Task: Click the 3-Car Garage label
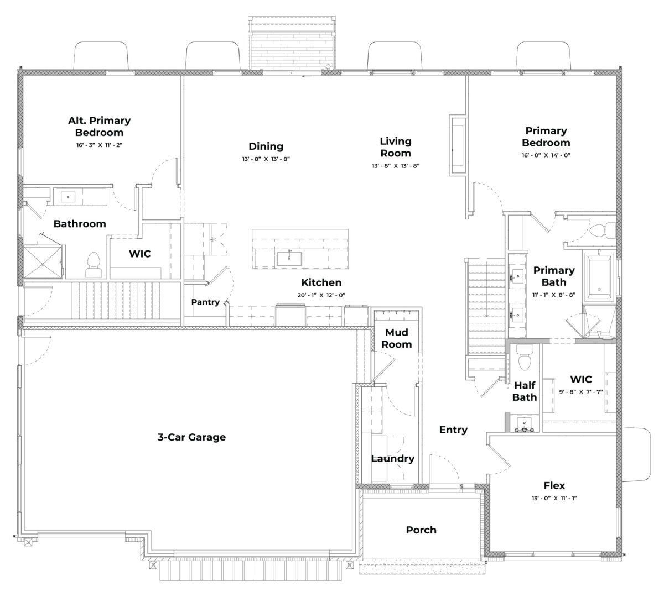(x=191, y=437)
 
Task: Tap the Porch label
(x=421, y=530)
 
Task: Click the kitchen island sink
(x=289, y=258)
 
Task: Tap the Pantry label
(x=205, y=302)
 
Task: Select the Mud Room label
(x=398, y=338)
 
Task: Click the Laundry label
(x=392, y=458)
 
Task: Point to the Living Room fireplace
(x=458, y=145)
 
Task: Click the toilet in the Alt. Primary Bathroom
(x=93, y=264)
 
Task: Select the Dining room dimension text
(x=266, y=159)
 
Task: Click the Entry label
(x=453, y=430)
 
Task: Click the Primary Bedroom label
(x=546, y=137)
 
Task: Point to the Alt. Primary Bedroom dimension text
(x=100, y=145)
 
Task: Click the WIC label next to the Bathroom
(x=139, y=254)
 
